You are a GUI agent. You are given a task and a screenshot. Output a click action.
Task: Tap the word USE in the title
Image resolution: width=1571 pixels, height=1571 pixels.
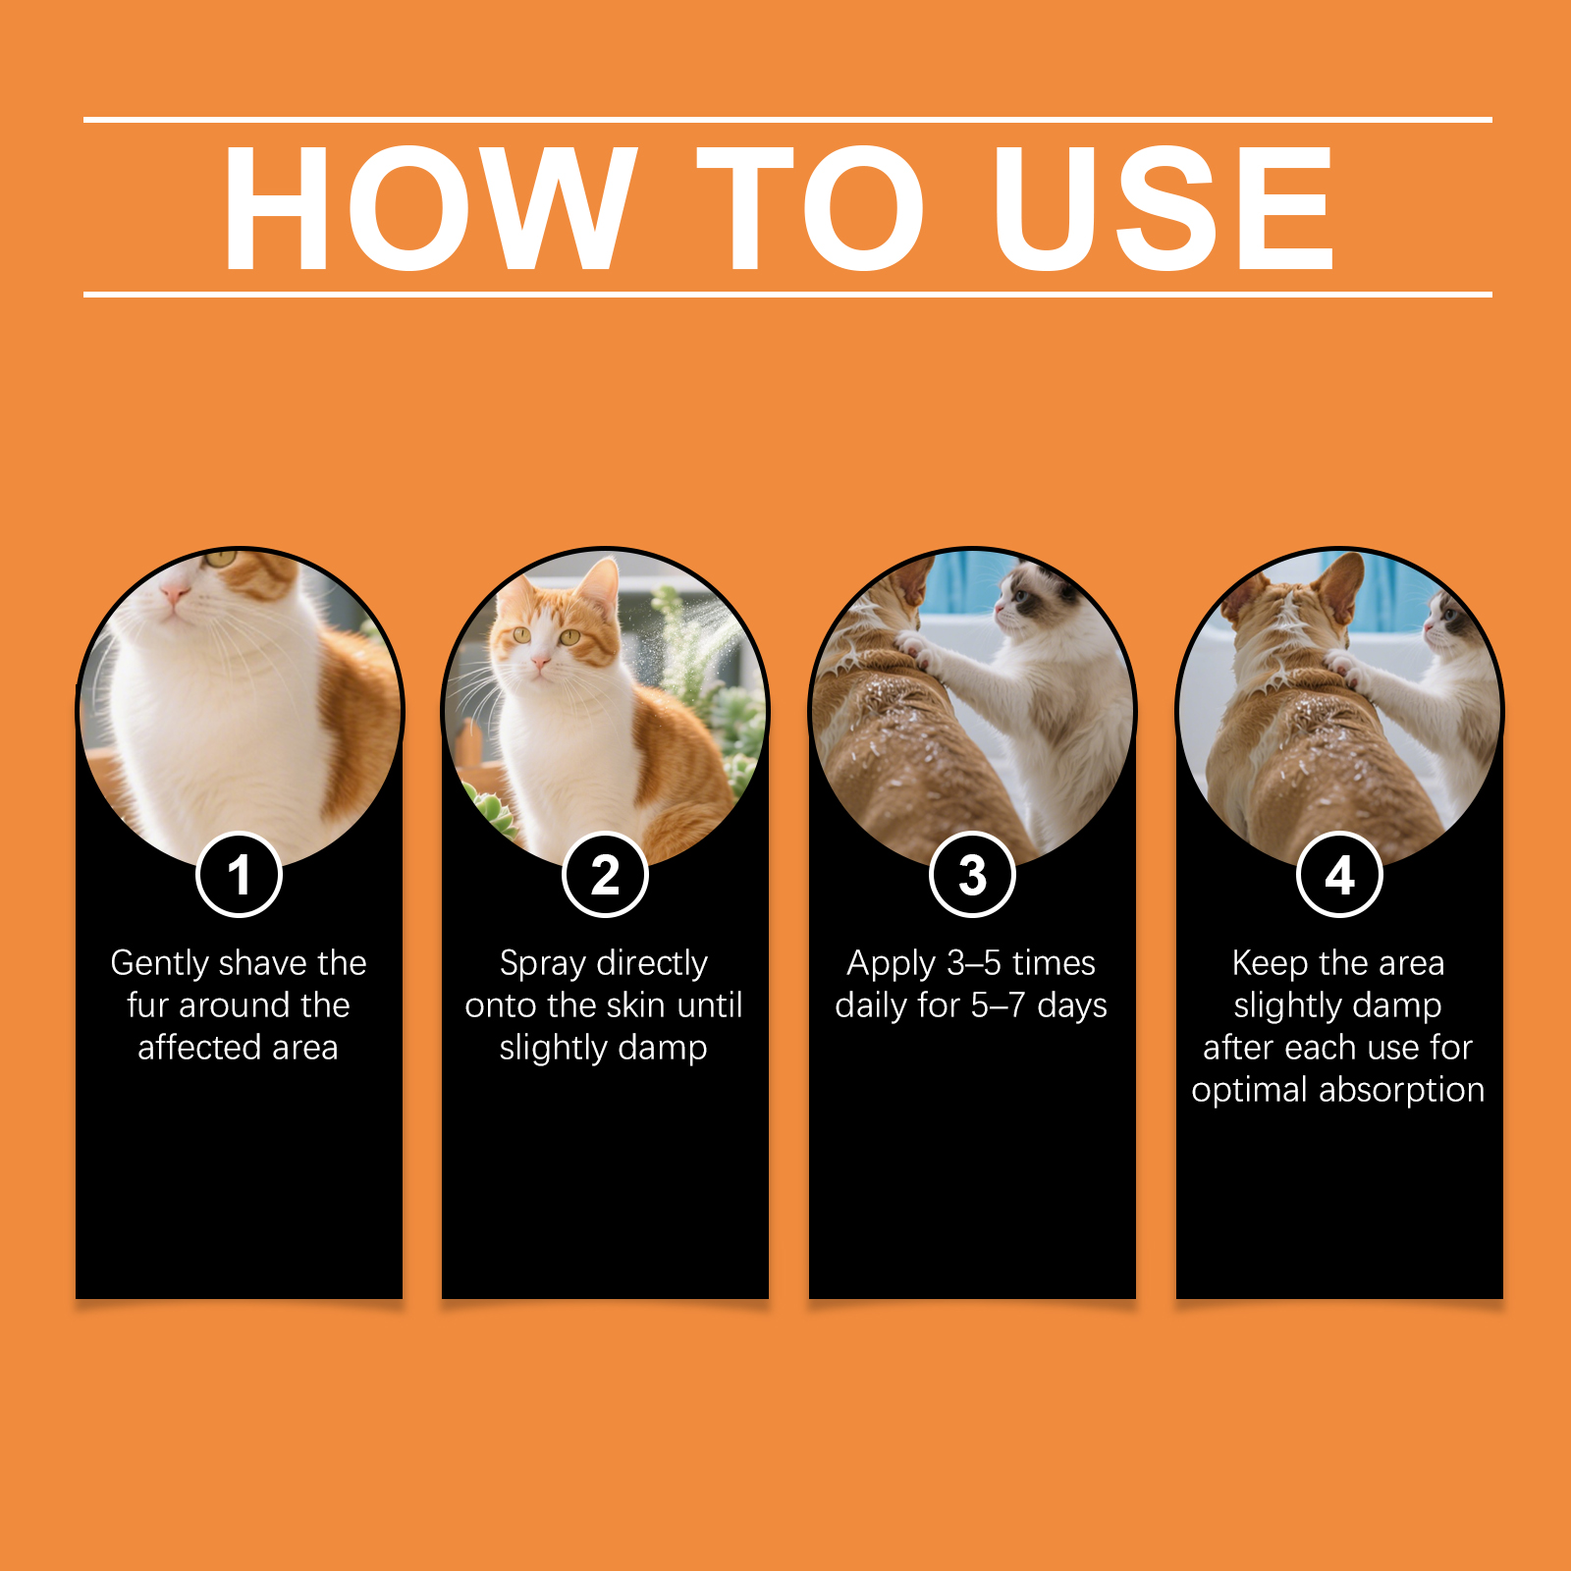point(1164,207)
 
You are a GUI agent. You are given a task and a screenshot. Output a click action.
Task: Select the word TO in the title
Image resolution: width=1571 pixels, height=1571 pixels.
point(811,207)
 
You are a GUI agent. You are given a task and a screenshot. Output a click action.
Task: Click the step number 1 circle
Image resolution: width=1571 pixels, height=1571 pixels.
point(239,874)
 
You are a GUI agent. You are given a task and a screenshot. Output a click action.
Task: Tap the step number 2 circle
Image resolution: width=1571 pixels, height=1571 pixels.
point(605,874)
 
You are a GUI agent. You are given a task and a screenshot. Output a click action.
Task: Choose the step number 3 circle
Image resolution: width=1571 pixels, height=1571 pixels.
point(972,874)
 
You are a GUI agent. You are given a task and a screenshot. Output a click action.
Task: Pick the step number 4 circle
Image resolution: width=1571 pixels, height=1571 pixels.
point(1339,874)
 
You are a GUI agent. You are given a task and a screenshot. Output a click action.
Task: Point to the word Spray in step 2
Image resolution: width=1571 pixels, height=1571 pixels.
point(543,964)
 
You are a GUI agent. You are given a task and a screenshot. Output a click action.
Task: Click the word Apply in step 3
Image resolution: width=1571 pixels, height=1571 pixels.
point(892,964)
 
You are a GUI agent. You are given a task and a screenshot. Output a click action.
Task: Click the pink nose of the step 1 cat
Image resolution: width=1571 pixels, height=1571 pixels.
point(175,593)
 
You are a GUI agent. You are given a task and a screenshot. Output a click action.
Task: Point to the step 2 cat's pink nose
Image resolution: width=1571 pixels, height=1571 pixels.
point(539,665)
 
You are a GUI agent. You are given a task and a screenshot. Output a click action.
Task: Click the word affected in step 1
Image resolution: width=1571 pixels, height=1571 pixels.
point(199,1047)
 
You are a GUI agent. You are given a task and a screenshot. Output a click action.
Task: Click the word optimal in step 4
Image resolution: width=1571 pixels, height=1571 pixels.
point(1250,1091)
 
